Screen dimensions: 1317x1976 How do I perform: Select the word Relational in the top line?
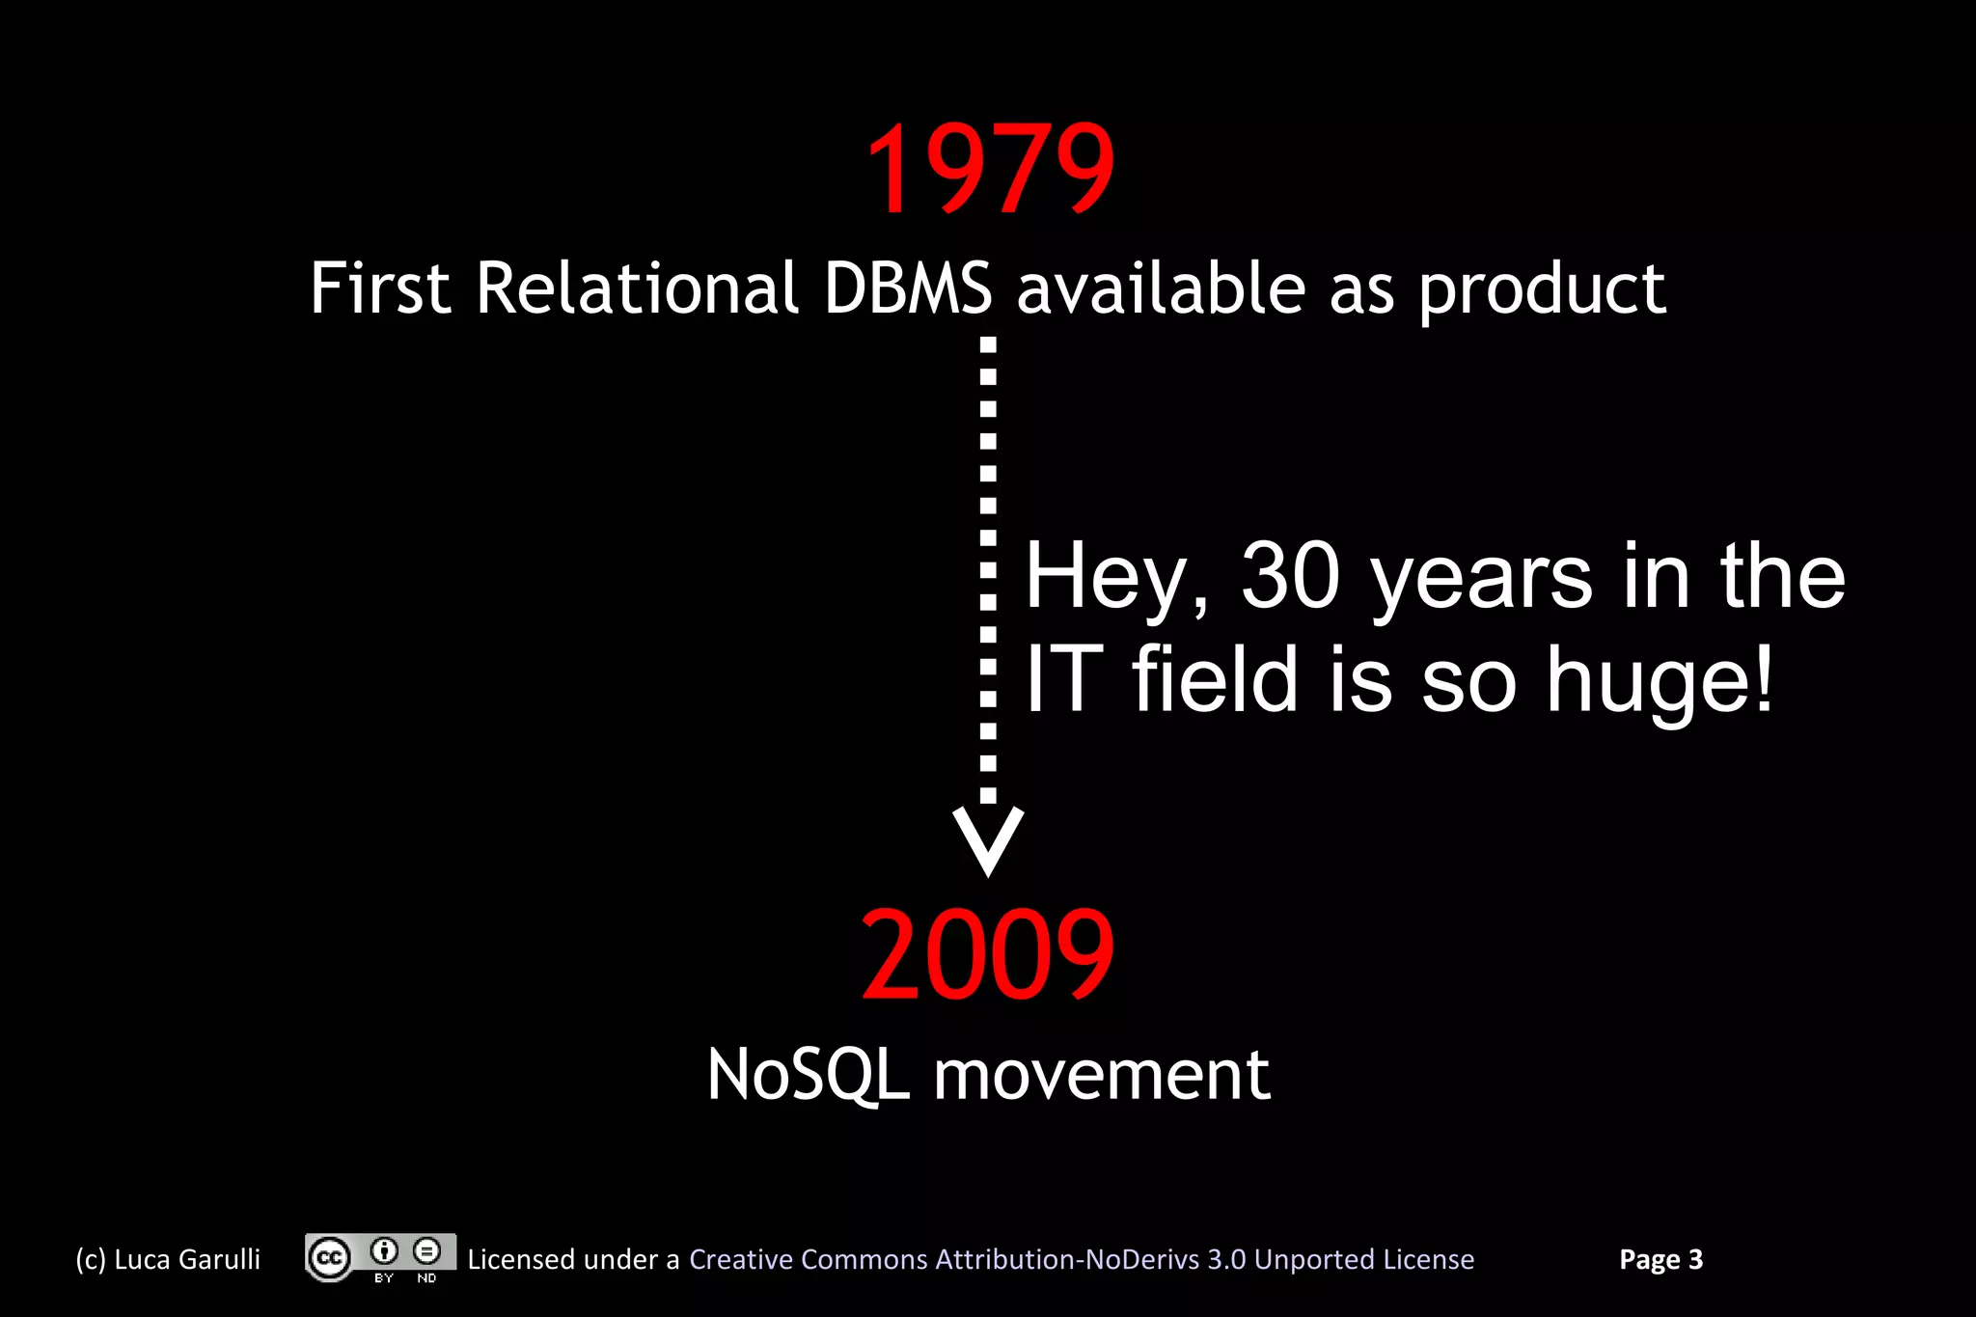[x=637, y=288]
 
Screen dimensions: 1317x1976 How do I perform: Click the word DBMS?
[x=907, y=288]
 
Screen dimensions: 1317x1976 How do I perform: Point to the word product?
[x=1542, y=290]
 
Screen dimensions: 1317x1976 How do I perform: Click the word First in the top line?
[x=380, y=288]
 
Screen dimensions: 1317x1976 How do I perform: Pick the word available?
[x=1161, y=288]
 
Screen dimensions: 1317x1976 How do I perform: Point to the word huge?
[x=1660, y=681]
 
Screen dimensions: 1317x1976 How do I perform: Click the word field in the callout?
[x=1215, y=679]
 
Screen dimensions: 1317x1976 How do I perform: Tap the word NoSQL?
[x=808, y=1075]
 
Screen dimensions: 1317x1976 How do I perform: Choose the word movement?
[x=1101, y=1075]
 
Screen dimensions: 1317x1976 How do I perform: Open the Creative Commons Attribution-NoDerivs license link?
[x=1081, y=1259]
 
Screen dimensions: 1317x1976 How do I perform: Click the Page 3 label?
[x=1660, y=1259]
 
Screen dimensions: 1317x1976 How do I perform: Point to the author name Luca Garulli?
[x=186, y=1259]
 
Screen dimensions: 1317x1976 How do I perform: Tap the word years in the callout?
[x=1481, y=578]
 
